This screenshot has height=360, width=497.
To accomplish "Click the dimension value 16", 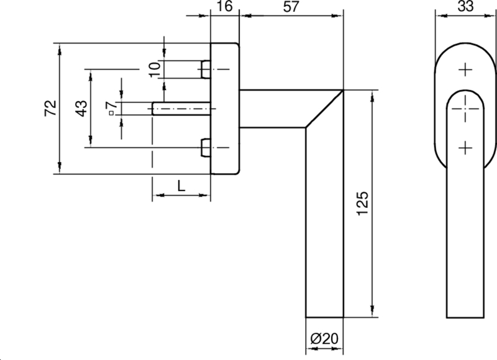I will [224, 7].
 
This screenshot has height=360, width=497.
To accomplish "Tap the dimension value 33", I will [464, 7].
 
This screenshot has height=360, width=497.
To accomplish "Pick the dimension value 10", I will [155, 68].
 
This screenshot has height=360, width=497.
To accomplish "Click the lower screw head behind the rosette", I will [205, 148].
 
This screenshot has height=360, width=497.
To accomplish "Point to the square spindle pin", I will [180, 109].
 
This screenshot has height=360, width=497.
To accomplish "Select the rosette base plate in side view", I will [225, 109].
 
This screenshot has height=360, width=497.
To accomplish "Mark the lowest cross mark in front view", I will [464, 148].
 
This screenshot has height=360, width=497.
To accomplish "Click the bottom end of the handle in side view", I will [325, 315].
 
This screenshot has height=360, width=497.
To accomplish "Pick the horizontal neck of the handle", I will [273, 109].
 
